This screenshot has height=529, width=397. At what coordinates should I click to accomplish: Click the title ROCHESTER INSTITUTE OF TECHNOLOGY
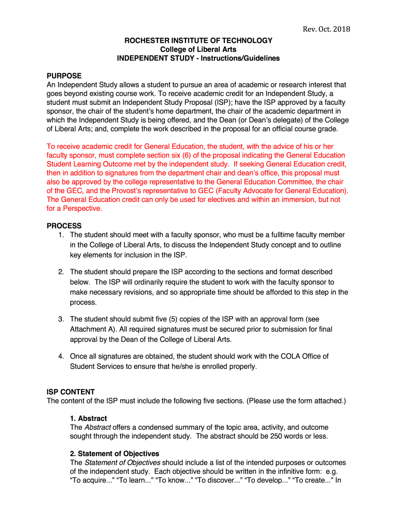click(198, 40)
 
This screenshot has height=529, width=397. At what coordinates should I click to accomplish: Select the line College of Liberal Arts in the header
click(198, 49)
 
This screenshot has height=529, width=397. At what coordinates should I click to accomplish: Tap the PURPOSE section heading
click(64, 75)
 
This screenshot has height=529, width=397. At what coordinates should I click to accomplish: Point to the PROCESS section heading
click(64, 226)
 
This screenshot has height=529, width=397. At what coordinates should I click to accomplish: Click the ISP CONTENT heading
click(71, 392)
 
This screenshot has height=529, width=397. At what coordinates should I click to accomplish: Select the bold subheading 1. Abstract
click(88, 418)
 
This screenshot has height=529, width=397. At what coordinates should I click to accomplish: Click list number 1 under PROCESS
click(61, 235)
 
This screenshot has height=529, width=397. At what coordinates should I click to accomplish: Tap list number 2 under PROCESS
click(61, 272)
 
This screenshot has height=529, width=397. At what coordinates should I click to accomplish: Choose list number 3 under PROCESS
click(61, 319)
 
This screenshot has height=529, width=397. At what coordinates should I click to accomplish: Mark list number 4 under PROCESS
click(61, 356)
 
